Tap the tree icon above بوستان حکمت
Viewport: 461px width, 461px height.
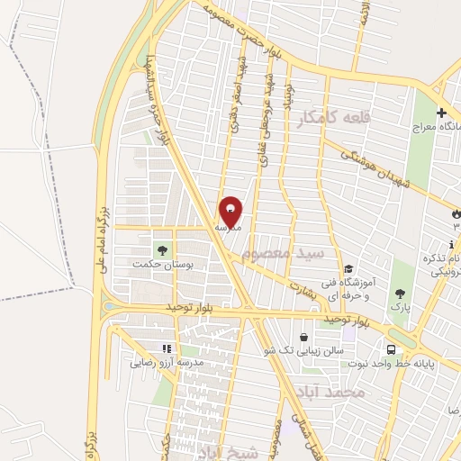[x=163, y=250]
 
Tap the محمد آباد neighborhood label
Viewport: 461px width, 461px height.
[x=334, y=393]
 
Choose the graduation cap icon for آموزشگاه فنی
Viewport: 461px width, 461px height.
[x=348, y=269]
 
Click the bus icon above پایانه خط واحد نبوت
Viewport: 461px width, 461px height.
[x=392, y=349]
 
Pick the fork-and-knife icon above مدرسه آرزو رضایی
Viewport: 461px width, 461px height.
[x=166, y=348]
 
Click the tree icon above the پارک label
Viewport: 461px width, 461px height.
[x=400, y=293]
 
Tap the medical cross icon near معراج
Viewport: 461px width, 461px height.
[x=441, y=113]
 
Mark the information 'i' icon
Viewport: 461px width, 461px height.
[x=450, y=245]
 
